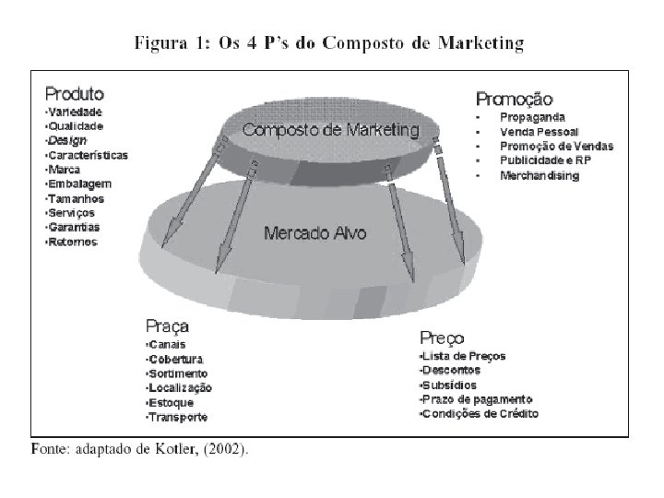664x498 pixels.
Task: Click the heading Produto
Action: (x=75, y=94)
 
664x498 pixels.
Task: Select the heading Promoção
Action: (x=515, y=98)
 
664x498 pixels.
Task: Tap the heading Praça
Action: (x=168, y=326)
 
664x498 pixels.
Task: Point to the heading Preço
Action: (x=442, y=338)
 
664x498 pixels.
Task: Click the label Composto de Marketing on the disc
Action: (x=330, y=131)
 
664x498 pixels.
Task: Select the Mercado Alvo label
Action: (x=315, y=232)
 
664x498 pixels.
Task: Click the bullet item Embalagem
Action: (x=76, y=184)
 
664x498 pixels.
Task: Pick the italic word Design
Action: (x=67, y=140)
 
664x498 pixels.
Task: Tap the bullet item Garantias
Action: (x=74, y=227)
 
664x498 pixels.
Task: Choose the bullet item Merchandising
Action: (x=539, y=175)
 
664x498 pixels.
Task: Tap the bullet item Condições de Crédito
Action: (x=480, y=414)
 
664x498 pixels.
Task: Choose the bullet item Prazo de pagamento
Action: (x=477, y=399)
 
